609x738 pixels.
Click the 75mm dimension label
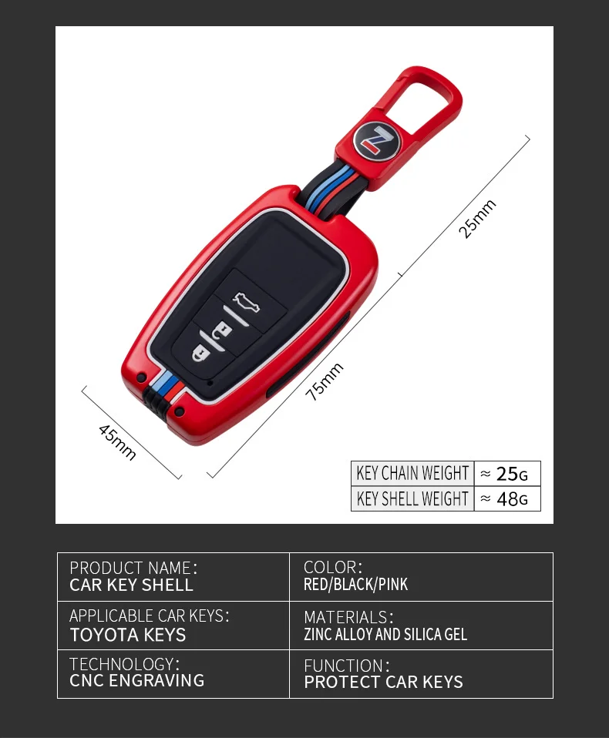pyautogui.click(x=325, y=381)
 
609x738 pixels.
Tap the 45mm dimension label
pyautogui.click(x=117, y=442)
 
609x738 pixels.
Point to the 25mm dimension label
pyautogui.click(x=478, y=219)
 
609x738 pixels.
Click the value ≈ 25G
pyautogui.click(x=506, y=473)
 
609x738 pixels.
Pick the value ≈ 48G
pyautogui.click(x=506, y=498)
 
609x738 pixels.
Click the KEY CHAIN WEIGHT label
pyautogui.click(x=412, y=473)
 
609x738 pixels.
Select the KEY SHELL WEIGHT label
pyautogui.click(x=412, y=498)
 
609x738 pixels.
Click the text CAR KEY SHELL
pyautogui.click(x=131, y=585)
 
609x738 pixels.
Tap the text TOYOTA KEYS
pyautogui.click(x=128, y=635)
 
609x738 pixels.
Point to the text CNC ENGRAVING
pyautogui.click(x=137, y=680)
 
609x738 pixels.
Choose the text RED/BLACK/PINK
pyautogui.click(x=355, y=585)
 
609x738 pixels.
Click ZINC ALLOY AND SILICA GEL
pyautogui.click(x=385, y=635)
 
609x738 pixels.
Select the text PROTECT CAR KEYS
pyautogui.click(x=383, y=682)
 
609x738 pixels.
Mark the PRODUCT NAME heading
pyautogui.click(x=133, y=569)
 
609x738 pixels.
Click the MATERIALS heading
pyautogui.click(x=348, y=618)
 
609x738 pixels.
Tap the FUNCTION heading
pyautogui.click(x=346, y=666)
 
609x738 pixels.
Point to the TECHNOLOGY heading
pyautogui.click(x=124, y=664)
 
